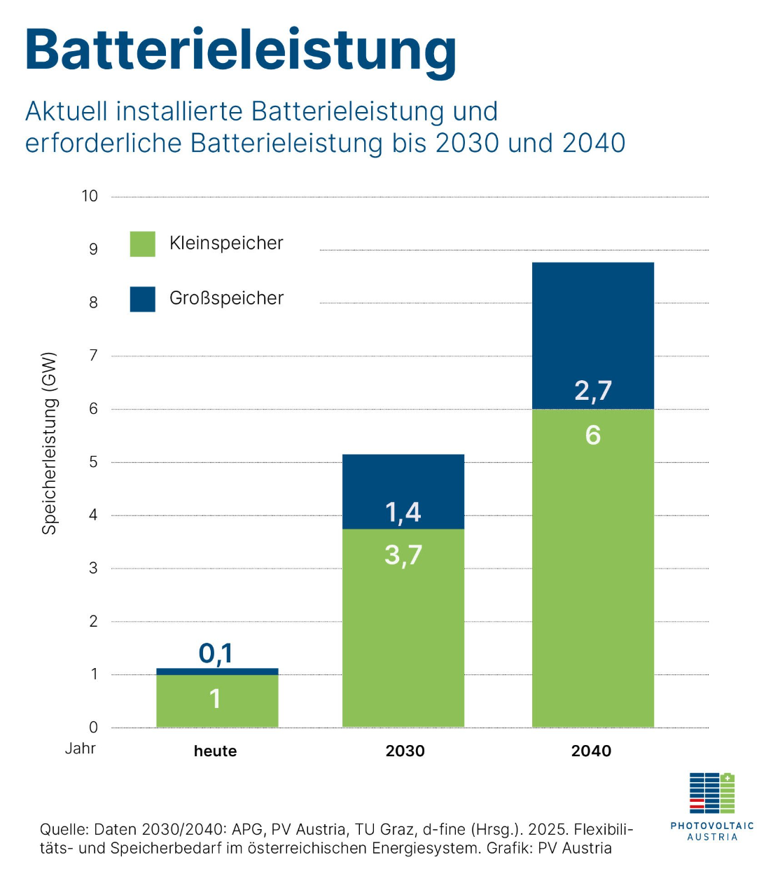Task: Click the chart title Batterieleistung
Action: coord(240,50)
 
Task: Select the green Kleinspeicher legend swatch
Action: coord(143,244)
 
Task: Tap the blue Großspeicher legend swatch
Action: coord(143,299)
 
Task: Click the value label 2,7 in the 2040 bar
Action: coord(593,391)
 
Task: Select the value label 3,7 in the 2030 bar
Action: coord(403,555)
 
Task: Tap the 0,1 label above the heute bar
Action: coord(216,653)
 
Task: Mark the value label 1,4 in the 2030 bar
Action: coord(403,512)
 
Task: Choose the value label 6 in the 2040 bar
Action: coord(592,436)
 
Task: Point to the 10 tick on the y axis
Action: coord(90,196)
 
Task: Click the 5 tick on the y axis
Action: coord(93,462)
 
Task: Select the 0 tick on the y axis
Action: coord(93,728)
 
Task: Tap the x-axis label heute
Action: coord(215,751)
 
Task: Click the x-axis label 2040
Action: coord(592,751)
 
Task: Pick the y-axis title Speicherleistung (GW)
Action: coord(49,444)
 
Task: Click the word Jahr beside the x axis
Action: coord(81,749)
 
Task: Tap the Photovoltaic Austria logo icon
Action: coord(712,793)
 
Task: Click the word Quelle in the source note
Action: coord(63,830)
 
